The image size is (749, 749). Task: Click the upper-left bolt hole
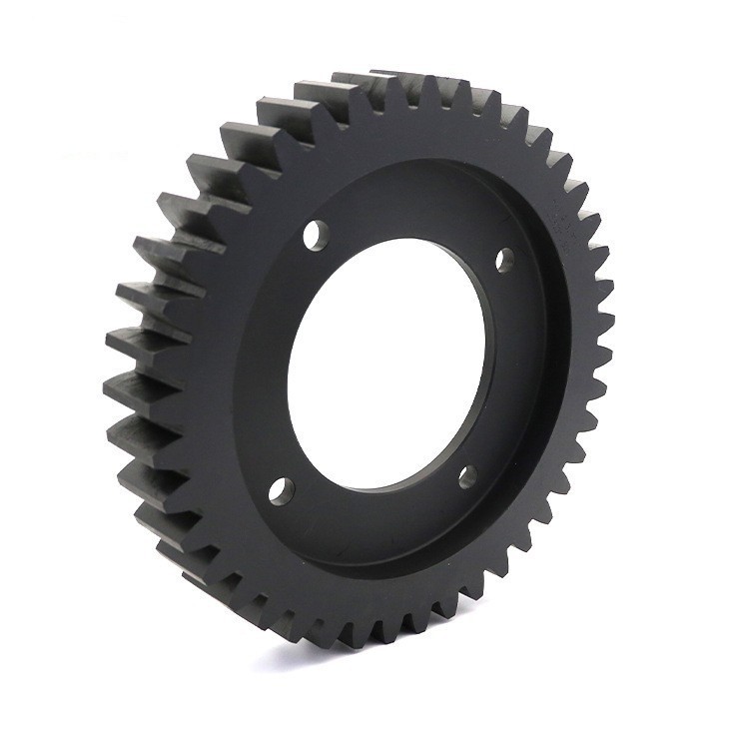316,235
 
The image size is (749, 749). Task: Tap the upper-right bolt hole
505,260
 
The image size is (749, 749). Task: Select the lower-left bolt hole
282,489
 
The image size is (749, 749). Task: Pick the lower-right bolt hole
467,477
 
